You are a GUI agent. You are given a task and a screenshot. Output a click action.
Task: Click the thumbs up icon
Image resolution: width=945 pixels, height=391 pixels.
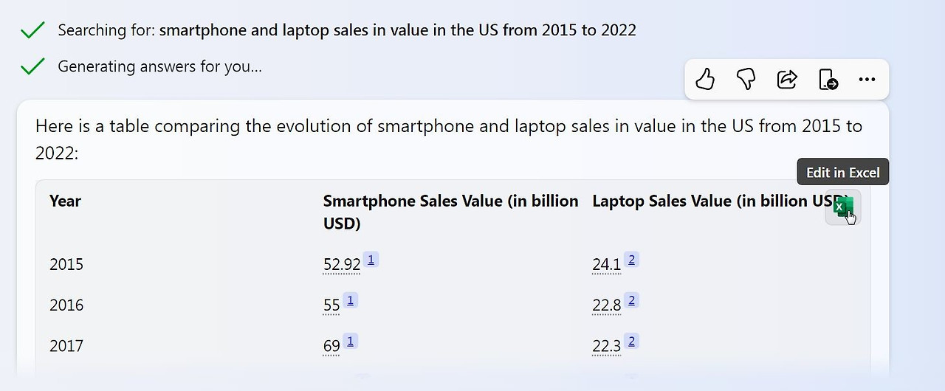pos(705,79)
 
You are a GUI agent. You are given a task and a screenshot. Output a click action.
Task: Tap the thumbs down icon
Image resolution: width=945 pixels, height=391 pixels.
pos(746,79)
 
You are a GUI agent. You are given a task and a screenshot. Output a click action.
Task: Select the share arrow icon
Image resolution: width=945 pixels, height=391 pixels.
pos(787,79)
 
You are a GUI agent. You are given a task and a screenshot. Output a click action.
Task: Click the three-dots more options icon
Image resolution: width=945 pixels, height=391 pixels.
pos(867,79)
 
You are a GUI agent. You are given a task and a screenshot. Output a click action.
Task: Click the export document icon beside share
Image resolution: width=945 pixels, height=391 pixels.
pos(828,79)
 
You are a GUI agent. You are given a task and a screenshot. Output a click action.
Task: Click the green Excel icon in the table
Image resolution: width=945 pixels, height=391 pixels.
pos(843,207)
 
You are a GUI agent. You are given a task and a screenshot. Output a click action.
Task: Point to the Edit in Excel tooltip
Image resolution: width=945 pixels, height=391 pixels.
pos(843,172)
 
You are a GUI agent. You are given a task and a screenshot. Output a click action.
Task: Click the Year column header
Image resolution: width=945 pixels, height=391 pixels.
pos(65,201)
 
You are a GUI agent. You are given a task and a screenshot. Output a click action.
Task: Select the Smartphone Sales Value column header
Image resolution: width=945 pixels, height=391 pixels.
pos(450,212)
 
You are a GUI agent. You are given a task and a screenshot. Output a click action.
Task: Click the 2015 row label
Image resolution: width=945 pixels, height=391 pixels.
pos(66,264)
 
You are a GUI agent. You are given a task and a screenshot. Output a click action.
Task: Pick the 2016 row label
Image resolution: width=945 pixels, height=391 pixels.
pos(66,305)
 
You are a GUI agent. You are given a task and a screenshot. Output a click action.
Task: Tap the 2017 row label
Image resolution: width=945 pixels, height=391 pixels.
pos(66,345)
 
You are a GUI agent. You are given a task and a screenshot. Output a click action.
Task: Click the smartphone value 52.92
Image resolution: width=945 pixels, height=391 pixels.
pos(342,264)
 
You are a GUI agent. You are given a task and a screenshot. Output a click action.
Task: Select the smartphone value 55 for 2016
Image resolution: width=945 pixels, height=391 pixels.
pos(331,305)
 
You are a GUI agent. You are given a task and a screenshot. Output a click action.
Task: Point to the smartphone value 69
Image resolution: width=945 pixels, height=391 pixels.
pos(331,345)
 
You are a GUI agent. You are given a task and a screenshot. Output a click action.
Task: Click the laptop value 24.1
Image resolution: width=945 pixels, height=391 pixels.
pos(607,264)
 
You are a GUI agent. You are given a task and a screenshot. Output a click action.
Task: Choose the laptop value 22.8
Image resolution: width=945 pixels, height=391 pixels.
pos(607,305)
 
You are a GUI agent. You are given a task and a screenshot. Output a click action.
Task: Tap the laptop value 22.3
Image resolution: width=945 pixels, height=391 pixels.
pos(607,345)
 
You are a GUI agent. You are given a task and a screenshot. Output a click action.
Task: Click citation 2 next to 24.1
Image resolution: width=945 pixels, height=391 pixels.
pos(631,260)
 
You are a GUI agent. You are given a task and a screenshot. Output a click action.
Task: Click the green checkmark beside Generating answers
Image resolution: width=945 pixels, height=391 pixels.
pos(32,66)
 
